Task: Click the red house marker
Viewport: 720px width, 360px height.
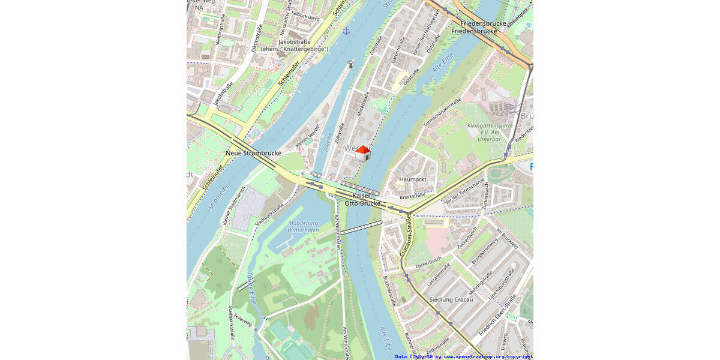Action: click(x=362, y=154)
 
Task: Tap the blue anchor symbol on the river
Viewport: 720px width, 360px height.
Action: click(x=346, y=31)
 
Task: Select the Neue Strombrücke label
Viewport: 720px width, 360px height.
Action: click(x=253, y=154)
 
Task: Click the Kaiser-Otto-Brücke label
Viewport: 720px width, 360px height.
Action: click(x=362, y=200)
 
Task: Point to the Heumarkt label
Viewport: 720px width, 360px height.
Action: click(x=412, y=179)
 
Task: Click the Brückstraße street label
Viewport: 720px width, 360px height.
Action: click(x=412, y=195)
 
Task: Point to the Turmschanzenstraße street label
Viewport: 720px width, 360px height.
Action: click(x=442, y=113)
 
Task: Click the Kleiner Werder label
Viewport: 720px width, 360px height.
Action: click(x=307, y=137)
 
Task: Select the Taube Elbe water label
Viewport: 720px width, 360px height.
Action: click(x=252, y=290)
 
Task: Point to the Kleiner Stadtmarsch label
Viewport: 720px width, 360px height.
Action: click(x=234, y=207)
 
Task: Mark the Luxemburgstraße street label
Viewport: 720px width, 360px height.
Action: click(x=502, y=284)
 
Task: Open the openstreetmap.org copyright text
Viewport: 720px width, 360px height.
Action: click(x=464, y=356)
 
